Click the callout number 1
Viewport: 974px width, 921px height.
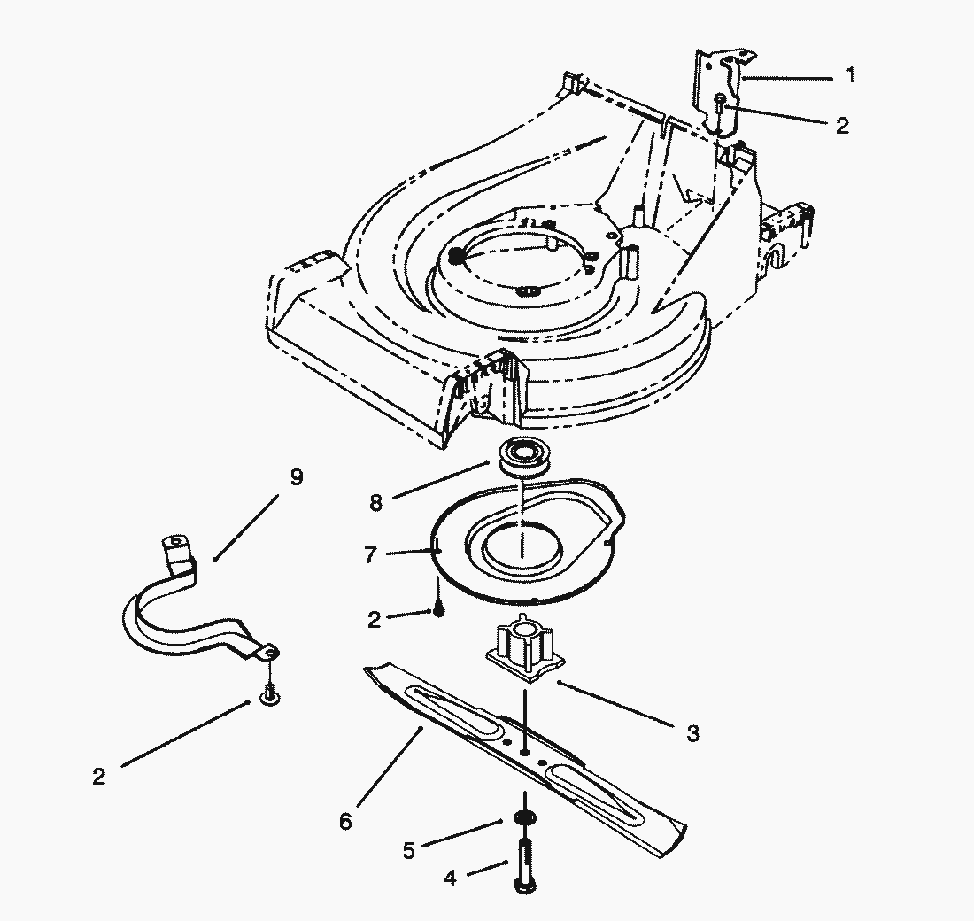[x=850, y=75]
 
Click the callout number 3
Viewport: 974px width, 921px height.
[x=692, y=733]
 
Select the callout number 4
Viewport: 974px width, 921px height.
[x=451, y=878]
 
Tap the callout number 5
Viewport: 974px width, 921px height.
[x=408, y=850]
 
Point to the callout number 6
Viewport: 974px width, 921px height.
[x=344, y=822]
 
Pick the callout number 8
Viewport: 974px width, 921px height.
[x=375, y=502]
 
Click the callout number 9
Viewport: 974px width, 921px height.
[x=296, y=477]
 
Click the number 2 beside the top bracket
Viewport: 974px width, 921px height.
[x=841, y=125]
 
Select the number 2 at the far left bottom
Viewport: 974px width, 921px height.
[x=98, y=777]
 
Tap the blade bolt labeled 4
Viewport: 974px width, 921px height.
[x=523, y=863]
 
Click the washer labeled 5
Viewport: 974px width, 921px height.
[x=524, y=817]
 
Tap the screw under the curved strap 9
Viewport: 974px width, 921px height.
[x=268, y=695]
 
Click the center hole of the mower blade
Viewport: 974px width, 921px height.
[x=526, y=752]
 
